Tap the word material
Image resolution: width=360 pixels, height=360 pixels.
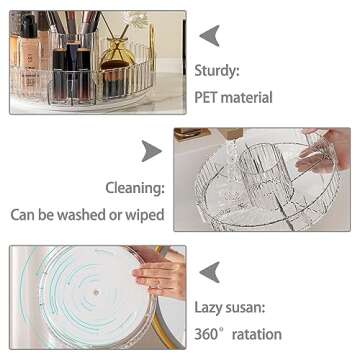253,98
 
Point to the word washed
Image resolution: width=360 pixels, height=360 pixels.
94,214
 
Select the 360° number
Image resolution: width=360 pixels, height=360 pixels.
214,333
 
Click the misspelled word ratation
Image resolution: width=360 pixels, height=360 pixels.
258,333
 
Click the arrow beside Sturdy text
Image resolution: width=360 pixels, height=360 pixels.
209,36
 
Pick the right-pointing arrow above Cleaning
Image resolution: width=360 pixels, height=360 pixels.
150,151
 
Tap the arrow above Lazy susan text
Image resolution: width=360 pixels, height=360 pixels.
209,271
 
